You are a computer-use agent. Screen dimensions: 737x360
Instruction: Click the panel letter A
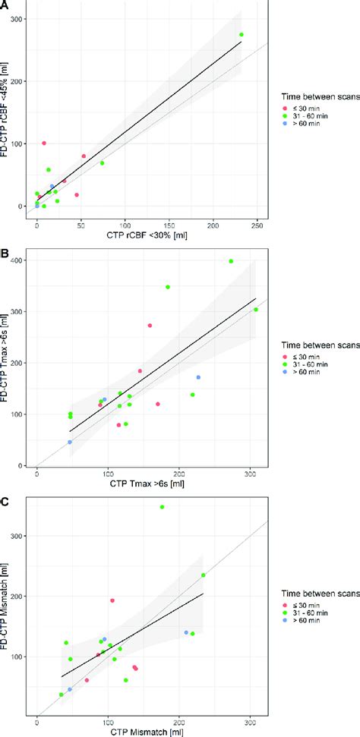(5, 5)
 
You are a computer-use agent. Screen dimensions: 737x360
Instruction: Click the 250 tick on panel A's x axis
(257, 226)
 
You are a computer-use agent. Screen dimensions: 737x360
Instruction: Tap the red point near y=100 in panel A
(44, 143)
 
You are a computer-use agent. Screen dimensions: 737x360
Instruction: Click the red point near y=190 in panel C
(112, 600)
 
